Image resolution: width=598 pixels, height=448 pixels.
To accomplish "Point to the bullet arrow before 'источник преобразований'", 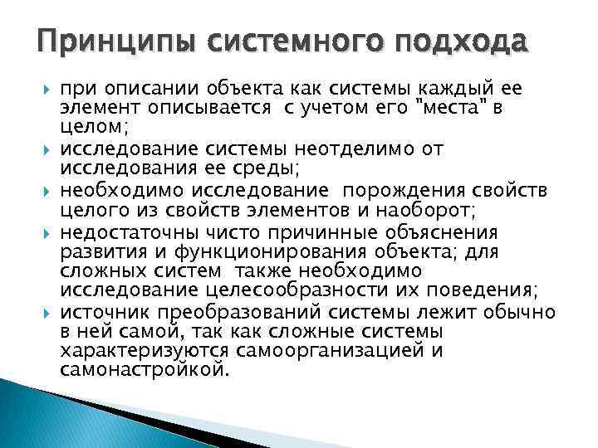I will pos(46,311).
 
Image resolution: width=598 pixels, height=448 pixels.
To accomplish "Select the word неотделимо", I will pos(373,149).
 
